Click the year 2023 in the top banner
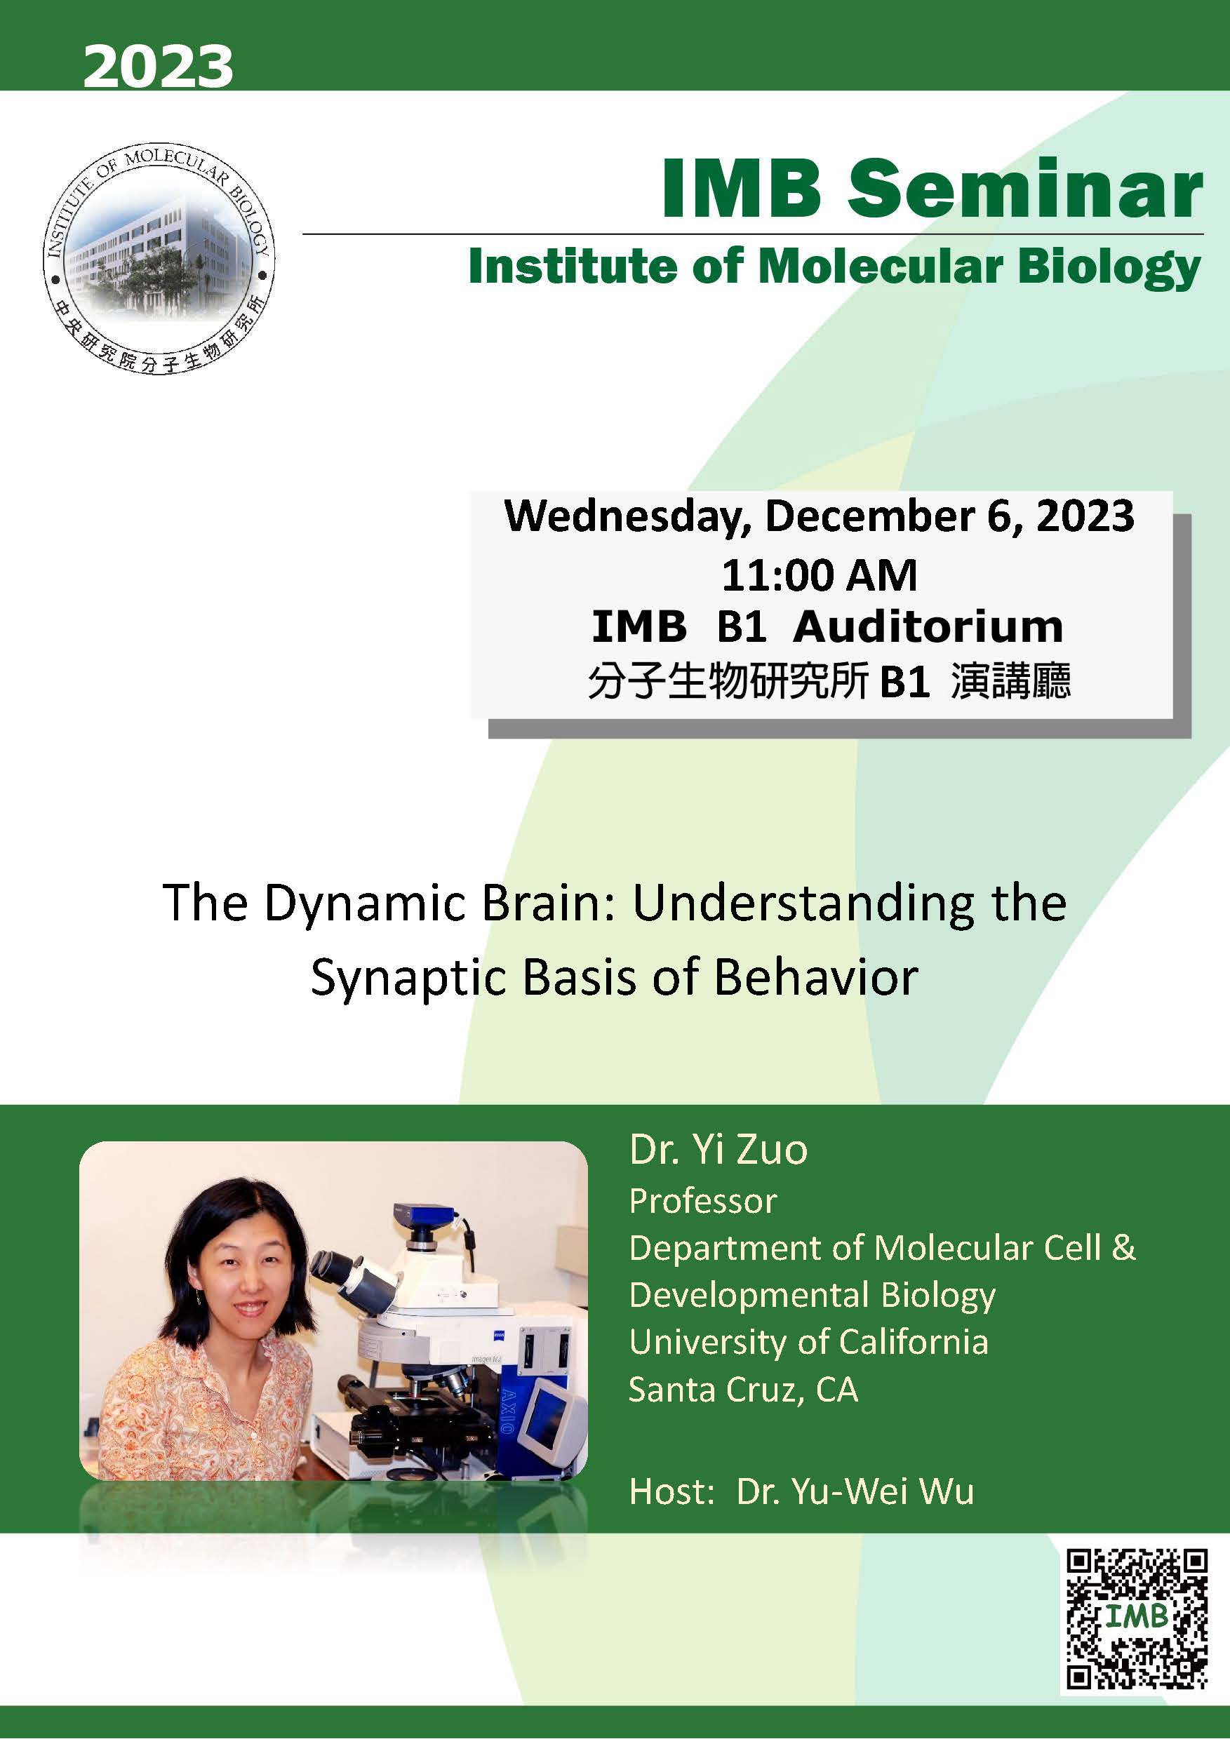(x=158, y=67)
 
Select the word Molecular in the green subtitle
(x=879, y=267)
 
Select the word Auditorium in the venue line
(x=928, y=627)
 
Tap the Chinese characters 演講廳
(x=1010, y=680)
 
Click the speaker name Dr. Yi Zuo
(x=718, y=1149)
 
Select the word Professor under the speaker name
(x=702, y=1201)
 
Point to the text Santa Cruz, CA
(x=743, y=1389)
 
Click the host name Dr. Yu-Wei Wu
(x=855, y=1491)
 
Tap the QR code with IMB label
(x=1136, y=1618)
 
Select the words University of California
(x=808, y=1342)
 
